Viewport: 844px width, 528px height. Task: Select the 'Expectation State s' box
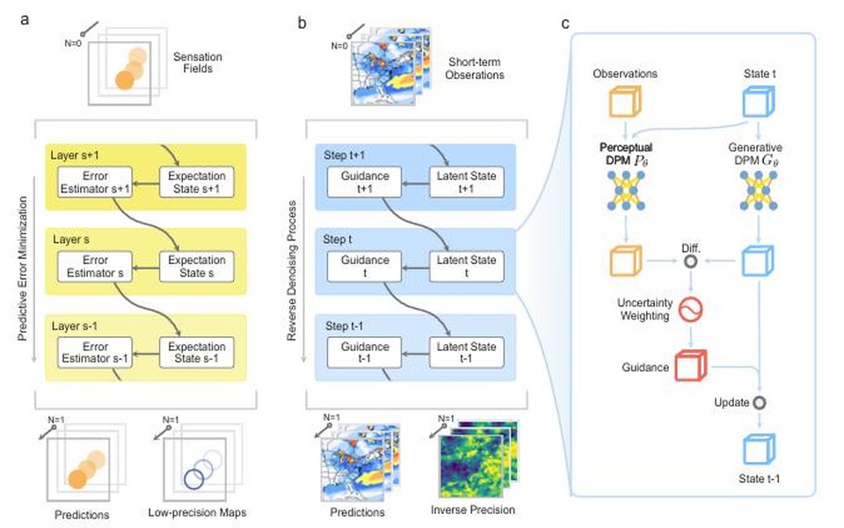196,266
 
